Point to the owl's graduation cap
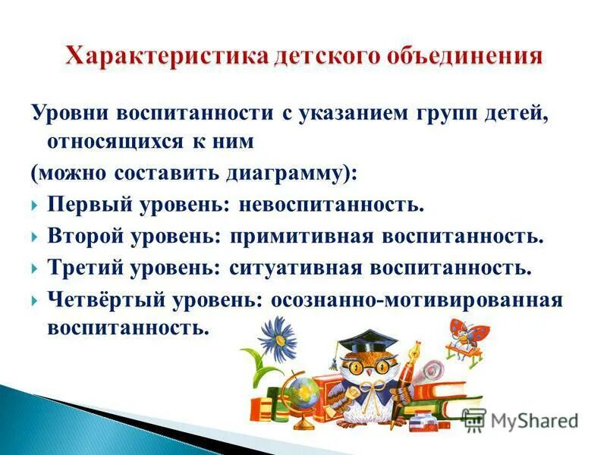(x=369, y=338)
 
